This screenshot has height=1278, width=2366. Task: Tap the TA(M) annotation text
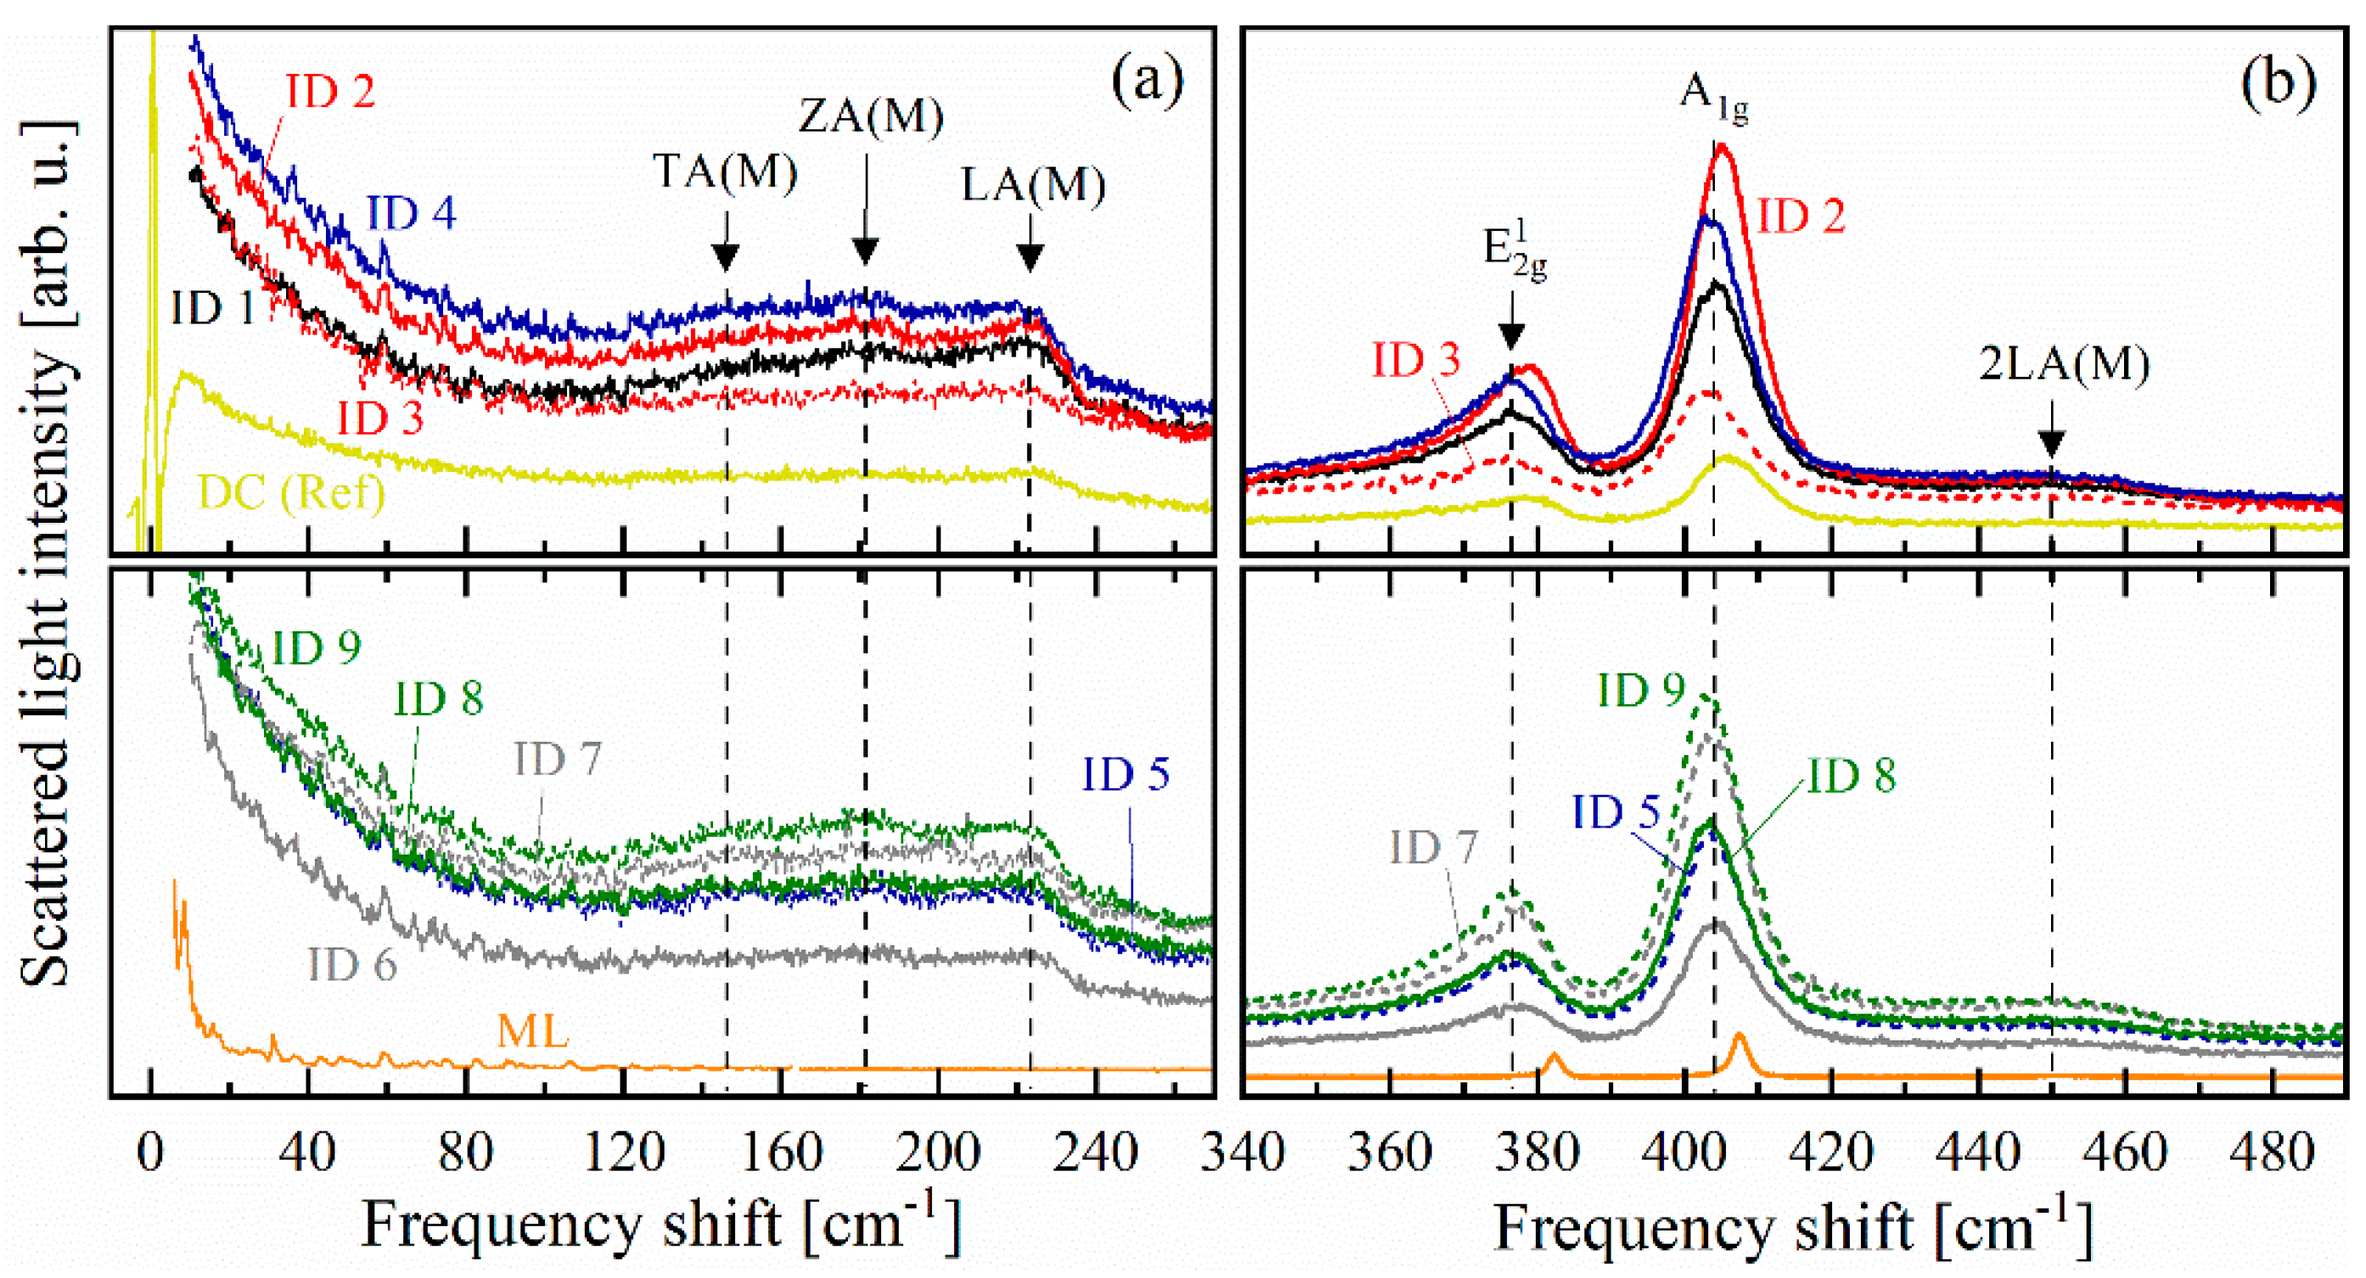[x=725, y=171]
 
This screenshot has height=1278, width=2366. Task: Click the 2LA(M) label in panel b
[x=2064, y=365]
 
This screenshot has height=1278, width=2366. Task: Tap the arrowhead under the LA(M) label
[x=1030, y=258]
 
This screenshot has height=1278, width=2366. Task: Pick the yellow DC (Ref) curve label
[x=291, y=493]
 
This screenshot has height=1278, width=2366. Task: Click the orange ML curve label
[x=533, y=1031]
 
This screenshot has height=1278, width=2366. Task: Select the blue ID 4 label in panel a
[x=412, y=213]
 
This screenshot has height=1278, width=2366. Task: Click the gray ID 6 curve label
[x=351, y=965]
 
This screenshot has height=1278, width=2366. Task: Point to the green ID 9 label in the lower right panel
[x=1641, y=691]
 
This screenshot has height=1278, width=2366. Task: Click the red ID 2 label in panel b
[x=1801, y=217]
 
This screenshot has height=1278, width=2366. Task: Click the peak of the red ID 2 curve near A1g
[x=1721, y=146]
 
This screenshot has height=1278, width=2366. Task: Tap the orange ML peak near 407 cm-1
[x=1739, y=1038]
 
